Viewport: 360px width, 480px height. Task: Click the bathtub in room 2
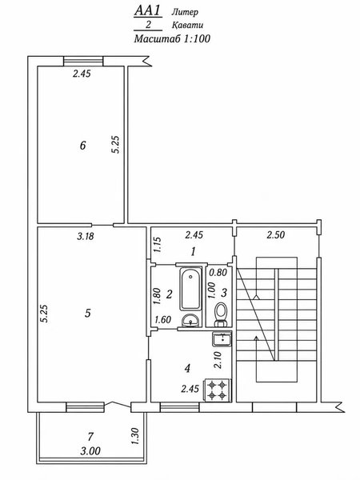click(x=190, y=289)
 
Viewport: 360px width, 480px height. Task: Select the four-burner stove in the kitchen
click(x=218, y=390)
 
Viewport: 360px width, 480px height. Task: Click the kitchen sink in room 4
click(x=222, y=339)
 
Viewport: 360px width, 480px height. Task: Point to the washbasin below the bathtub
click(x=190, y=321)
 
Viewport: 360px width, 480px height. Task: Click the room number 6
click(x=82, y=145)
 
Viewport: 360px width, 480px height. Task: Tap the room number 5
click(x=88, y=313)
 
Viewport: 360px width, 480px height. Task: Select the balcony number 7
click(x=90, y=437)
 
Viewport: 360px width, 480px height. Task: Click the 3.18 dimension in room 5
click(x=86, y=236)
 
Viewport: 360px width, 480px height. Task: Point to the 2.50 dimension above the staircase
click(x=275, y=234)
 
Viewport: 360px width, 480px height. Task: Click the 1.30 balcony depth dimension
click(x=134, y=436)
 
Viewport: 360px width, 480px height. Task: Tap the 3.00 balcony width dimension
click(x=90, y=451)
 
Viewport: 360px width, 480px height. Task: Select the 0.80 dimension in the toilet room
click(x=218, y=272)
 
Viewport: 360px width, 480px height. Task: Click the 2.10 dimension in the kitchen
click(x=218, y=360)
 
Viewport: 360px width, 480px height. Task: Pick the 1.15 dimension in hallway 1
click(x=158, y=245)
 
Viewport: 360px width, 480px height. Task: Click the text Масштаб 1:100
click(x=172, y=38)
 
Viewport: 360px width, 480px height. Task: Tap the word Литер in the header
click(x=185, y=12)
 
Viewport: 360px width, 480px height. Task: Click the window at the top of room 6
click(x=83, y=62)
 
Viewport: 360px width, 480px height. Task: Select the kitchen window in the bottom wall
click(x=180, y=407)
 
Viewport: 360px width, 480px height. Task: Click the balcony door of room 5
click(x=118, y=404)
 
